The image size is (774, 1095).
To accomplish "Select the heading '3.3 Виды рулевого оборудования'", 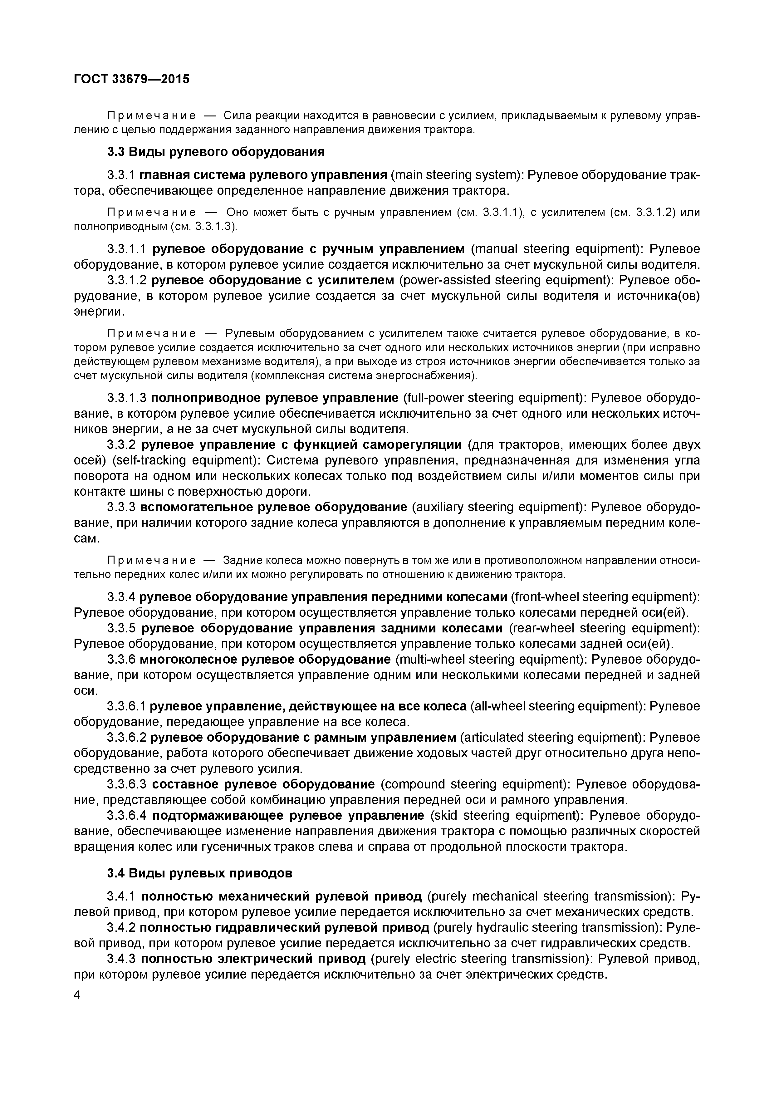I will pyautogui.click(x=216, y=152).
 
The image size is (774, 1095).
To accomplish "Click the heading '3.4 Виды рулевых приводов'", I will pyautogui.click(x=199, y=873).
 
